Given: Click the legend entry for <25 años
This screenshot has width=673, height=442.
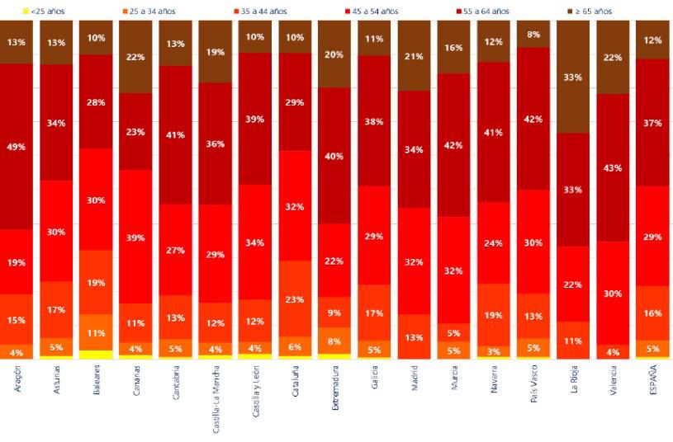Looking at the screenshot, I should pos(42,12).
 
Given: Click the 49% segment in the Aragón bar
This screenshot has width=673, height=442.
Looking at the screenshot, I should pos(17,147).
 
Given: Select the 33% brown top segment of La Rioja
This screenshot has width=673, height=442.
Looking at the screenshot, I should pos(573,78).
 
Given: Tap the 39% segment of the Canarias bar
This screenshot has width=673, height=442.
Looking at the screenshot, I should pos(135,237).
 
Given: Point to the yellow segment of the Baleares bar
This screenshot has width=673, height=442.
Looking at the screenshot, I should pos(96,355).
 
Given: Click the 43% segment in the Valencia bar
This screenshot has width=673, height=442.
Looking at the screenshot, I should pos(613,167).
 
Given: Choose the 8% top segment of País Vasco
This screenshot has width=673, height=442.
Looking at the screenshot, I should pos(533,35).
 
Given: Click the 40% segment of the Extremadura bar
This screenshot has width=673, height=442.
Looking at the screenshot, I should pos(334,156).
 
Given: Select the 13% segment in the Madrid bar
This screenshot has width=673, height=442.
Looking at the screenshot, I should pos(414,336).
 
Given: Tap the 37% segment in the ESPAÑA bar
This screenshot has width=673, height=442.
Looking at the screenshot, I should pos(652,123).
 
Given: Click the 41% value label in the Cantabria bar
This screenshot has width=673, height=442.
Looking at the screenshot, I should pos(175,134).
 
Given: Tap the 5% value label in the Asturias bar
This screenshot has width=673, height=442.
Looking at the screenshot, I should pos(56,347).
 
